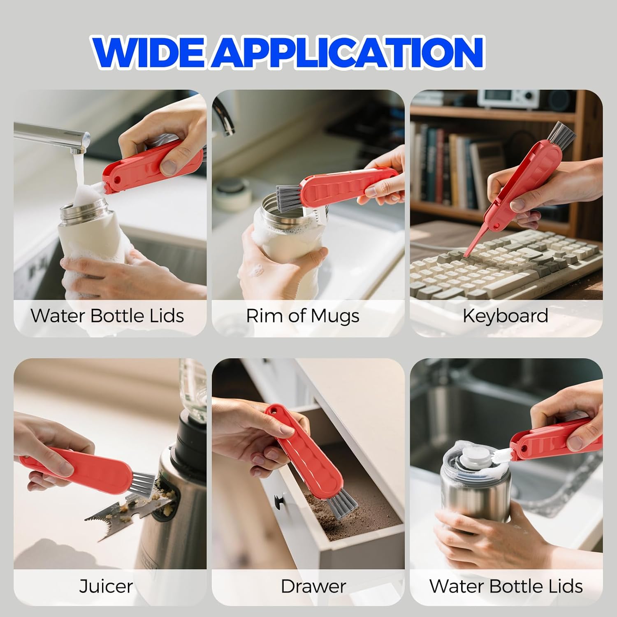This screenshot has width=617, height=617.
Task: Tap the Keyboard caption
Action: [506, 316]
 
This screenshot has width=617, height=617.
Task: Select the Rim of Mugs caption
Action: [303, 316]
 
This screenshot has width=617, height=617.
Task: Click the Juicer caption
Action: [106, 586]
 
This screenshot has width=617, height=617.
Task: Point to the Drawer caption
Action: [313, 586]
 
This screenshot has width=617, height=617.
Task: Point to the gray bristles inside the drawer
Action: [339, 505]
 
